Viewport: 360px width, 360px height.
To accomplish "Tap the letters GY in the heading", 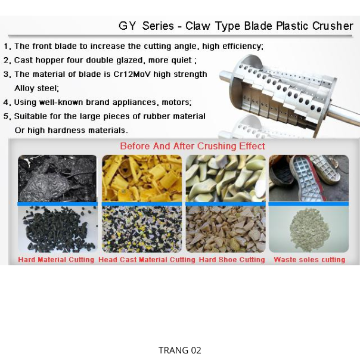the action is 127,26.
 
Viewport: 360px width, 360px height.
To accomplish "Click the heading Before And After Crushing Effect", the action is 193,146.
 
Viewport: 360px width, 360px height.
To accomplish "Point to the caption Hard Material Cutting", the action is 56,260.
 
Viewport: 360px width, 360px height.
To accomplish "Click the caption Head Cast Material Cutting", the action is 147,260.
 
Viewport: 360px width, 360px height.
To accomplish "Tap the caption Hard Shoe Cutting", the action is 232,260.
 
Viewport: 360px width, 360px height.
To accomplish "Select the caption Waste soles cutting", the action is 309,260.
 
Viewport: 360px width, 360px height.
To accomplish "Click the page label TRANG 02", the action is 180,350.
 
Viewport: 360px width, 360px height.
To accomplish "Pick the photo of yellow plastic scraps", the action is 142,178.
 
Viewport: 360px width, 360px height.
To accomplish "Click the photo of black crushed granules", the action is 58,229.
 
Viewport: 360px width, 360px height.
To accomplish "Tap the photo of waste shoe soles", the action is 309,178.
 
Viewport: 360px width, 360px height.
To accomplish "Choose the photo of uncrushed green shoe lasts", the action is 225,178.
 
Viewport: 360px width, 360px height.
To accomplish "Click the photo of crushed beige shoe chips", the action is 225,229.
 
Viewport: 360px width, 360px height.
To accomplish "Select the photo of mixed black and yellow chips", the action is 142,229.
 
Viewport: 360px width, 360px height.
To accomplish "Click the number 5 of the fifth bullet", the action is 6,116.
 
